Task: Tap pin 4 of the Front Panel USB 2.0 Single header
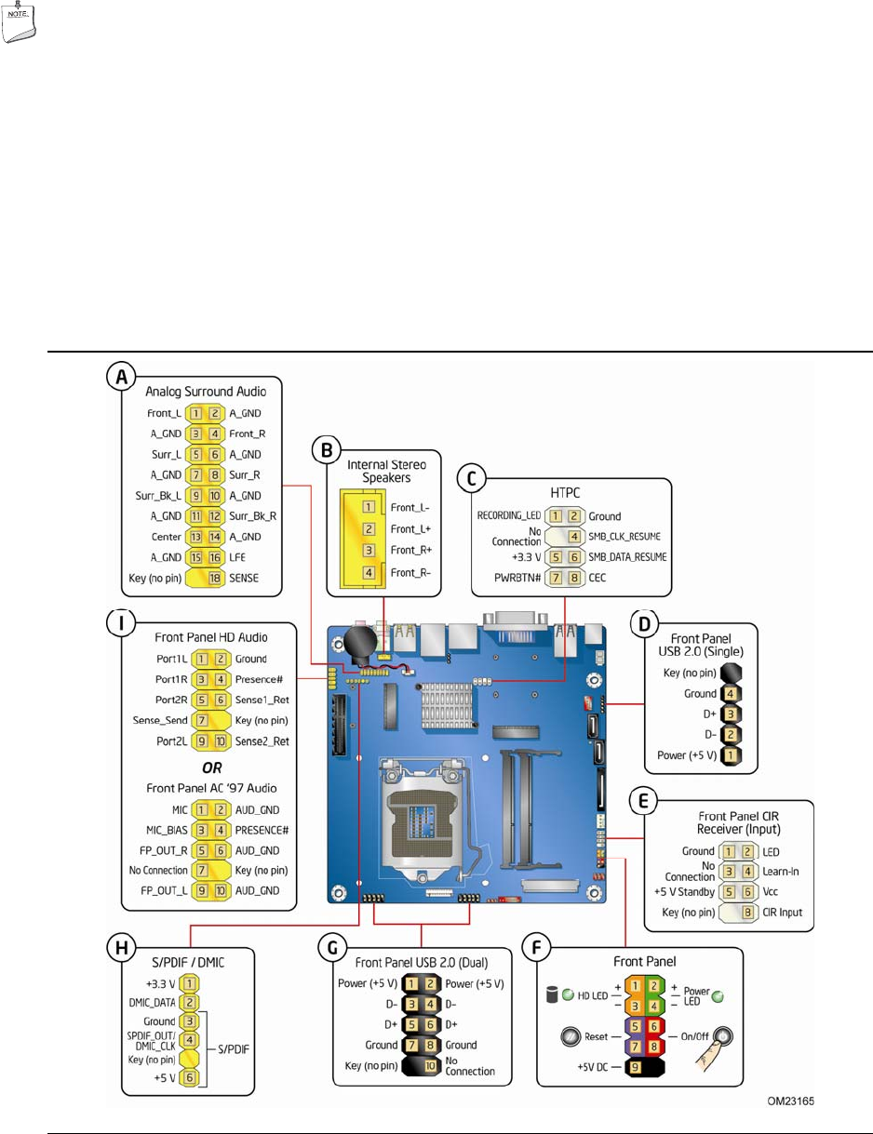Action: point(733,693)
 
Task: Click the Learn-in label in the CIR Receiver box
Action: point(780,871)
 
